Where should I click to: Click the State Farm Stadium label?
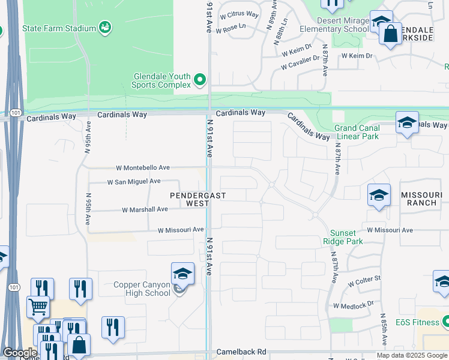coord(59,28)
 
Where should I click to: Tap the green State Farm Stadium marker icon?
coord(104,27)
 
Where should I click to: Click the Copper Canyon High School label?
coord(142,289)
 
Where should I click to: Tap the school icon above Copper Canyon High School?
coord(182,274)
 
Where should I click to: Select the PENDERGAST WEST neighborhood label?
coord(190,199)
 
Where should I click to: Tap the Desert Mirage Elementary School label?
coord(334,25)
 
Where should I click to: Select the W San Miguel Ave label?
coord(134,181)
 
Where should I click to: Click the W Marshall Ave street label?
coord(145,209)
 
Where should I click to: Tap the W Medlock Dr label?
coord(357,305)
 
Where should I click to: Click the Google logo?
coord(20,353)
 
